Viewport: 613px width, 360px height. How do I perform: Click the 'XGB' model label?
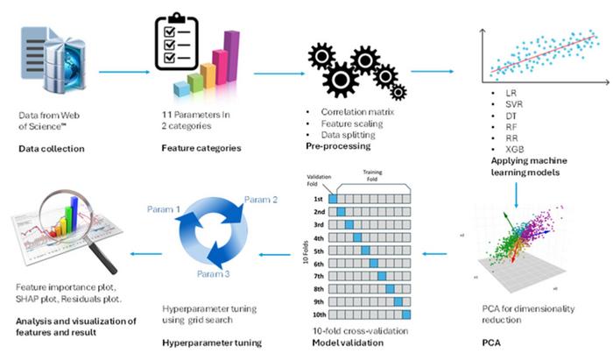click(504, 150)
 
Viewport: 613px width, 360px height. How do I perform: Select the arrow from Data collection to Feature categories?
click(122, 74)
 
